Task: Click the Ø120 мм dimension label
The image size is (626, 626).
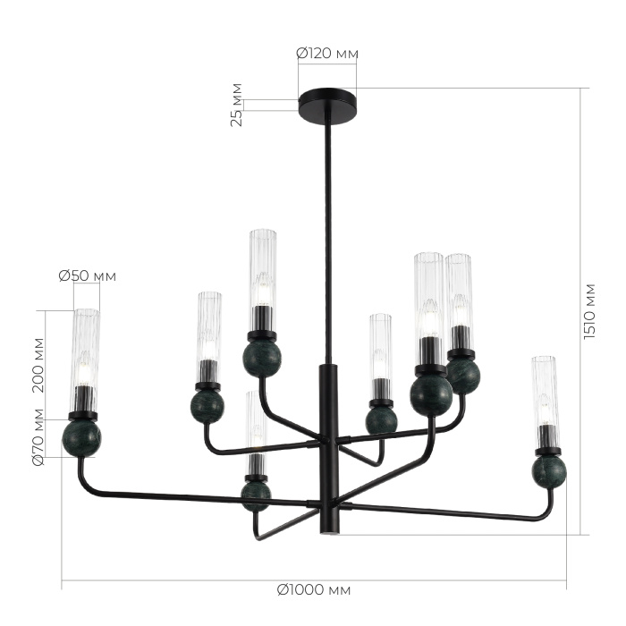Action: pyautogui.click(x=326, y=54)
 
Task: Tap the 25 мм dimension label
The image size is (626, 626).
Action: pyautogui.click(x=237, y=105)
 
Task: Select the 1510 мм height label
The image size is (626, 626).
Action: pyautogui.click(x=588, y=310)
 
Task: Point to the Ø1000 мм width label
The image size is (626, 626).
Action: pyautogui.click(x=313, y=590)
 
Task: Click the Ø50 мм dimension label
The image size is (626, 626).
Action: pyautogui.click(x=88, y=275)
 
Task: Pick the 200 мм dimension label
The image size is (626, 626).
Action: pyautogui.click(x=37, y=364)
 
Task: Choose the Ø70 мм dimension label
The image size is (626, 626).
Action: pyautogui.click(x=37, y=438)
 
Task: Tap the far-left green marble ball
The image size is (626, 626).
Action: pyautogui.click(x=81, y=438)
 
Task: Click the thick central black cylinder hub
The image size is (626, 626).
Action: pyautogui.click(x=326, y=447)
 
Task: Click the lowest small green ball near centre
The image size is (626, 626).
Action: pyautogui.click(x=256, y=493)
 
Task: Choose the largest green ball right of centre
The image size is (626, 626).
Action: pyautogui.click(x=431, y=395)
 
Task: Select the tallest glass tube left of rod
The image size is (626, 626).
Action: pyautogui.click(x=262, y=268)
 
